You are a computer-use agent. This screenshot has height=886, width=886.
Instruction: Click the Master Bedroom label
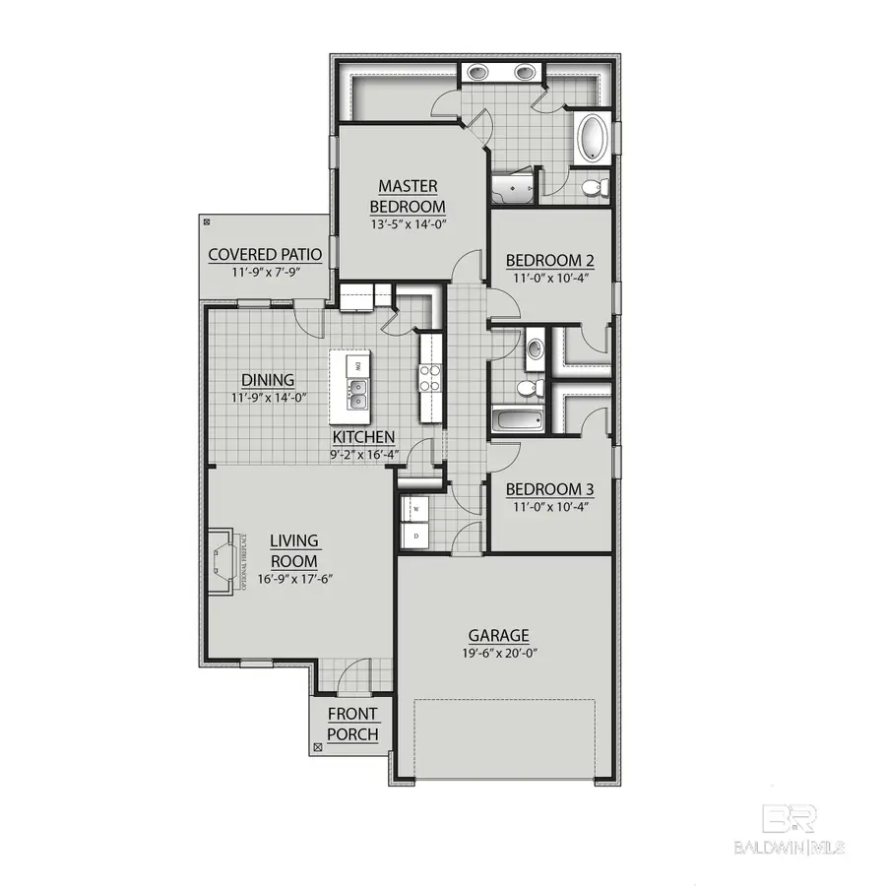pyautogui.click(x=408, y=196)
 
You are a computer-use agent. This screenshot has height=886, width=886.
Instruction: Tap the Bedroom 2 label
pyautogui.click(x=549, y=261)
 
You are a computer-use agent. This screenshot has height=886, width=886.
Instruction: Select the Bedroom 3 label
pyautogui.click(x=549, y=488)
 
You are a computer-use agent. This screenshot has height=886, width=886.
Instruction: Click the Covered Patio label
pyautogui.click(x=265, y=256)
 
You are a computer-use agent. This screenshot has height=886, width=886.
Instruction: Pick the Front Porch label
pyautogui.click(x=352, y=724)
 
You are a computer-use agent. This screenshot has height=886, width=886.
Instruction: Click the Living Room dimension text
pyautogui.click(x=295, y=579)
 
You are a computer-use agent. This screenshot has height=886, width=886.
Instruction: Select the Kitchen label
pyautogui.click(x=363, y=437)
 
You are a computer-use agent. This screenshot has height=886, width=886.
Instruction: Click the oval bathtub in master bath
pyautogui.click(x=593, y=138)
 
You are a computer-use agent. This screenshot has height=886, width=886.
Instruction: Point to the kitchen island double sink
pyautogui.click(x=358, y=394)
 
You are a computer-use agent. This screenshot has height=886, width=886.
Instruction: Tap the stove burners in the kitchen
pyautogui.click(x=430, y=379)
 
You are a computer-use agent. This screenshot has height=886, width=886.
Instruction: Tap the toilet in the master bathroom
pyautogui.click(x=594, y=186)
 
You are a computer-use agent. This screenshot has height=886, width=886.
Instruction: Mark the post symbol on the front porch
pyautogui.click(x=316, y=748)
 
